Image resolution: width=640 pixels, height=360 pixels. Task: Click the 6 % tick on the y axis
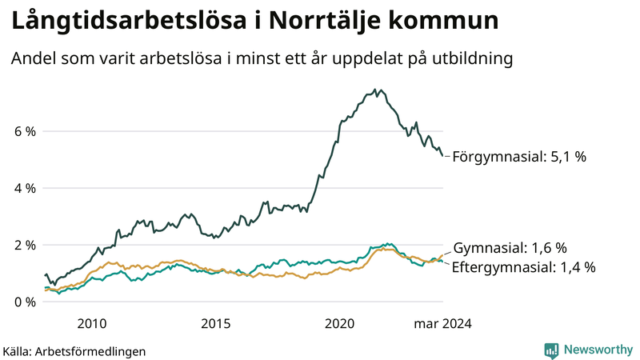pyautogui.click(x=25, y=131)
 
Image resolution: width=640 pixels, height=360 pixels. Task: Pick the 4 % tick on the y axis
pyautogui.click(x=25, y=188)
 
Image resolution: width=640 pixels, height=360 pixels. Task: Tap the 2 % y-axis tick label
pyautogui.click(x=25, y=245)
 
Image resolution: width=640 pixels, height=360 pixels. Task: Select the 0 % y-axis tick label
pyautogui.click(x=25, y=302)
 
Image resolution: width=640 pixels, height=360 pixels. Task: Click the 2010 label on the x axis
pyautogui.click(x=92, y=324)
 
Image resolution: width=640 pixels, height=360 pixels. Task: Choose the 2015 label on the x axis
pyautogui.click(x=216, y=324)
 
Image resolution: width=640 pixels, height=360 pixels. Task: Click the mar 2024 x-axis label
pyautogui.click(x=442, y=324)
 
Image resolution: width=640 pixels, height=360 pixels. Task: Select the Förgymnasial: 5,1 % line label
pyautogui.click(x=519, y=157)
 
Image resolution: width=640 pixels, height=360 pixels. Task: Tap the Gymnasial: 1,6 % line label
pyautogui.click(x=510, y=247)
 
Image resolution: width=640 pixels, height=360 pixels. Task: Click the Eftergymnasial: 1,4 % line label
pyautogui.click(x=523, y=267)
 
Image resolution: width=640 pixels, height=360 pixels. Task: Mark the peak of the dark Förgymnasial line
pyautogui.click(x=380, y=90)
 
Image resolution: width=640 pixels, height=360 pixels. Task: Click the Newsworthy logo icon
pyautogui.click(x=551, y=350)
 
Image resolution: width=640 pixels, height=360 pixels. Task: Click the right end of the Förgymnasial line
pyautogui.click(x=442, y=156)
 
